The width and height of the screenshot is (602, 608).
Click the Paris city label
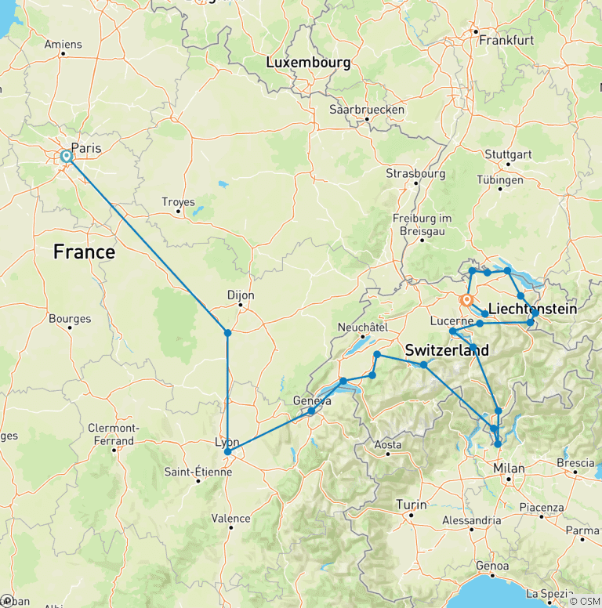pyautogui.click(x=86, y=147)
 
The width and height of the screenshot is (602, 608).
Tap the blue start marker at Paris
pyautogui.click(x=67, y=157)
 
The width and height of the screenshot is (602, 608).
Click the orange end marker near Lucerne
pyautogui.click(x=467, y=300)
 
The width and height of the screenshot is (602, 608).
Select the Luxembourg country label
pyautogui.click(x=307, y=62)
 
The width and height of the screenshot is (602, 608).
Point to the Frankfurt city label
pyautogui.click(x=506, y=39)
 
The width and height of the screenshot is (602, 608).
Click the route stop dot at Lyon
pyautogui.click(x=227, y=452)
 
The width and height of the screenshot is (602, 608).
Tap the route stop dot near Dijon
pyautogui.click(x=227, y=333)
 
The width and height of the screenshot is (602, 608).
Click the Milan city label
pyautogui.click(x=509, y=468)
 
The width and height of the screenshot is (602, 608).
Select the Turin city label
pyautogui.click(x=412, y=504)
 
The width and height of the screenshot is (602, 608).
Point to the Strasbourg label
pyautogui.click(x=415, y=173)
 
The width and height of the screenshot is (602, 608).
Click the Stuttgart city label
pyautogui.click(x=509, y=154)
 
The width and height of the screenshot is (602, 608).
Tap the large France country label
pyautogui.click(x=84, y=252)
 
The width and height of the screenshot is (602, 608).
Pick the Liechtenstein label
pyautogui.click(x=532, y=309)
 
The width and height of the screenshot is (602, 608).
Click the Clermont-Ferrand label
pyautogui.click(x=114, y=434)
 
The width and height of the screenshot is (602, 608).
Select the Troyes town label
pyautogui.click(x=178, y=202)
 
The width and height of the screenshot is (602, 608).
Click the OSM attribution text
pyautogui.click(x=585, y=600)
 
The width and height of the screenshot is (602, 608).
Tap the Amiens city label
pyautogui.click(x=63, y=45)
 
